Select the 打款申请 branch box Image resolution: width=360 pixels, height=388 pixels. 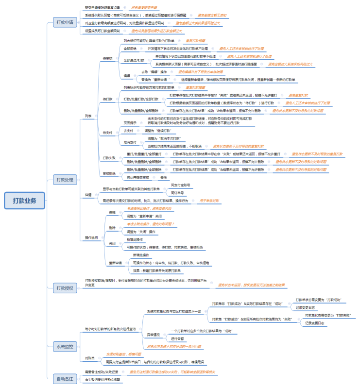click(65, 22)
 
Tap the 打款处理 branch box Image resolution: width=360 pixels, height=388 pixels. click(65, 180)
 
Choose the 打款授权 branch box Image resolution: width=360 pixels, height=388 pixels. click(65, 288)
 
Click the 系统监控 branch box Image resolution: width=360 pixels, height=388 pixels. click(65, 346)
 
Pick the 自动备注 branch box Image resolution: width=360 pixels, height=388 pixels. click(65, 378)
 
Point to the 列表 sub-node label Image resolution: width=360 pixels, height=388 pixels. click(88, 116)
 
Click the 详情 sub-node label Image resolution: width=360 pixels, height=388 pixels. click(88, 195)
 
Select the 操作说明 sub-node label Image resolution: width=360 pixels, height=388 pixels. click(91, 237)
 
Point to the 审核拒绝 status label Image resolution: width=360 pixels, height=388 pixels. click(109, 173)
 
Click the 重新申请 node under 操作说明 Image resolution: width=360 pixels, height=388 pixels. click(115, 263)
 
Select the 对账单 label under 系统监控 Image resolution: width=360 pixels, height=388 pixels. click(89, 358)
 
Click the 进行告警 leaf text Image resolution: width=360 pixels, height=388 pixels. click(177, 338)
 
